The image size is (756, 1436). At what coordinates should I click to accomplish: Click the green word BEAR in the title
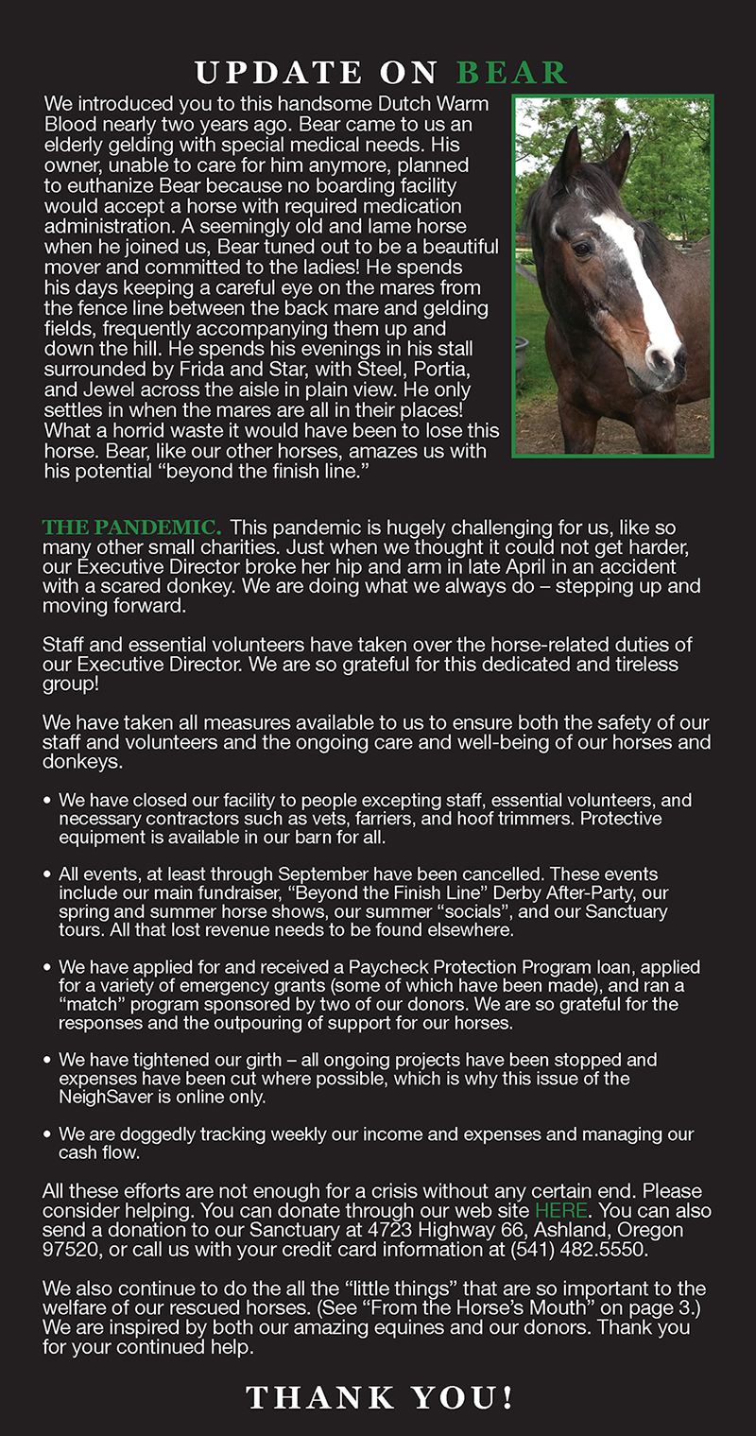(512, 72)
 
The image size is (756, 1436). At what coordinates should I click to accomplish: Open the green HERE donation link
(561, 1211)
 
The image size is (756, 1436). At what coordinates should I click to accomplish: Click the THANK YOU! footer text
(380, 1397)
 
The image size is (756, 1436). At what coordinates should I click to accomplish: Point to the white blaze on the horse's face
(643, 274)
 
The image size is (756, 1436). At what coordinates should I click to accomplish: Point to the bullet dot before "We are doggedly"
(47, 1133)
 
